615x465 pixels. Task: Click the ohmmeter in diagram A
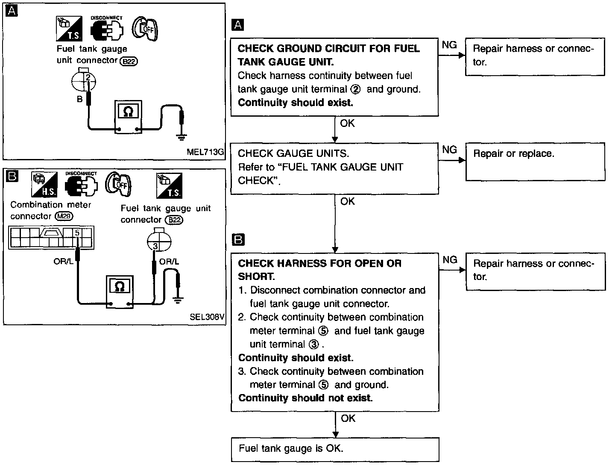[128, 117]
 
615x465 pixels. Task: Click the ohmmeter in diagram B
[120, 292]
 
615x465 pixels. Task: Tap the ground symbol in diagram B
[178, 301]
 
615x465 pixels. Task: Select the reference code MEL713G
[205, 152]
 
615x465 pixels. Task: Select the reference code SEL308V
[207, 317]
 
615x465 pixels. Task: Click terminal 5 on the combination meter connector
[77, 233]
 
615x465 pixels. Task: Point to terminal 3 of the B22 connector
[155, 246]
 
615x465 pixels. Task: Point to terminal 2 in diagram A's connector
[88, 77]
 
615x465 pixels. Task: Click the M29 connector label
[64, 216]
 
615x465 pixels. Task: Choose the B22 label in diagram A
[129, 61]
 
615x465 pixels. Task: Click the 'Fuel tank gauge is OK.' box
[335, 450]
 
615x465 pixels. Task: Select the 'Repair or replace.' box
[535, 162]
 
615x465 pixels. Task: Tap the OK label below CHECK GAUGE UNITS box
[347, 201]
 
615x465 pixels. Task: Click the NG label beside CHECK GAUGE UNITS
[449, 150]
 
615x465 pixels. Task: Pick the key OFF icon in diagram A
[145, 29]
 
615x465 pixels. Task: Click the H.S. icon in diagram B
[44, 185]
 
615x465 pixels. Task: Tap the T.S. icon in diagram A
[69, 29]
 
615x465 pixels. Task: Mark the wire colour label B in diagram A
[80, 99]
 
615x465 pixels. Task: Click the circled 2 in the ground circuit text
[356, 89]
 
